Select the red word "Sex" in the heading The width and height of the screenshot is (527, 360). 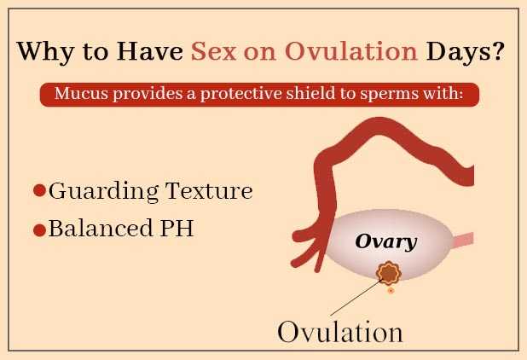click(215, 52)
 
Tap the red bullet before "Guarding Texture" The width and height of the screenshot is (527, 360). click(39, 191)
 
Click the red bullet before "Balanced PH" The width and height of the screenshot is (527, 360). click(39, 230)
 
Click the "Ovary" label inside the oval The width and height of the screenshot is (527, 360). click(385, 241)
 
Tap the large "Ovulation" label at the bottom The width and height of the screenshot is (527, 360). click(339, 331)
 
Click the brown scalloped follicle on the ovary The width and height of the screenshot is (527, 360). click(390, 272)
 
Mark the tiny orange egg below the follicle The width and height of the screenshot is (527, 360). click(391, 291)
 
